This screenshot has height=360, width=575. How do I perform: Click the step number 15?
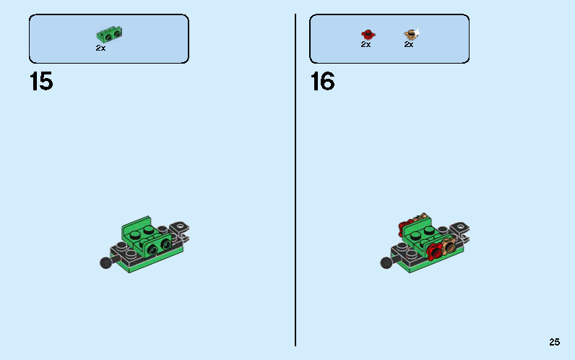click(41, 82)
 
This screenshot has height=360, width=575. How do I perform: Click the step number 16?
click(322, 82)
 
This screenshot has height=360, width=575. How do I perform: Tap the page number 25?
click(554, 343)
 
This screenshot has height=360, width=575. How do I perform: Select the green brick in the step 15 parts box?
click(109, 33)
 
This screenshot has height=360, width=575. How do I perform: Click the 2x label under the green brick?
click(100, 48)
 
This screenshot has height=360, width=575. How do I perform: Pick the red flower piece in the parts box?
click(367, 34)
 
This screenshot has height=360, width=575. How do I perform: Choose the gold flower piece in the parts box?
click(410, 33)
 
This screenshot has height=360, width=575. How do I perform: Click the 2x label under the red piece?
click(366, 45)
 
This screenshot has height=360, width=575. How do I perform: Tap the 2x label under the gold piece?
click(408, 45)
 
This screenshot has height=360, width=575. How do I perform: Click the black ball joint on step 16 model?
click(386, 263)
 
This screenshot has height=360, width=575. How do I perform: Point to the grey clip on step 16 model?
click(459, 230)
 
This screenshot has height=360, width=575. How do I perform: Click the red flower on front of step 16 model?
click(435, 252)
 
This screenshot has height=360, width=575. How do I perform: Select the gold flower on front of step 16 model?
click(450, 248)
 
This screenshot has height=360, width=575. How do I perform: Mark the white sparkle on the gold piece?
click(417, 30)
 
